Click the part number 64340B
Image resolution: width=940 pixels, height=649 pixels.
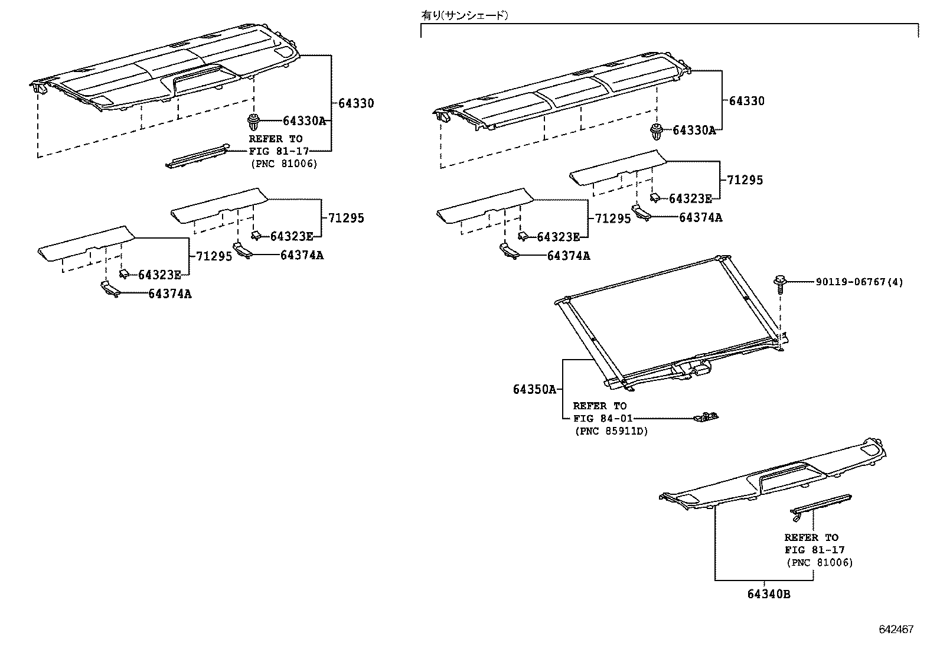768,594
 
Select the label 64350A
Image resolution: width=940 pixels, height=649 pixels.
534,389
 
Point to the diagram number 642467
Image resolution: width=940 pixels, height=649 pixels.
896,630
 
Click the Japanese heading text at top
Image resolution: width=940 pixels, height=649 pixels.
464,15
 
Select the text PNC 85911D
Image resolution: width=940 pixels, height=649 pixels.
611,431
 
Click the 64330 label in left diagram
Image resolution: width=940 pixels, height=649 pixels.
355,103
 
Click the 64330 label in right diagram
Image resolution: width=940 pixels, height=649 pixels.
746,101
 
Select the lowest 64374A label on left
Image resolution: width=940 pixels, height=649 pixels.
169,293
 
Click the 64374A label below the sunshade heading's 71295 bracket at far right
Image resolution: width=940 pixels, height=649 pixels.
700,217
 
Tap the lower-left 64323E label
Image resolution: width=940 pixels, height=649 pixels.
159,275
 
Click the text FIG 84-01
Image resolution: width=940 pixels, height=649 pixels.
602,418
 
